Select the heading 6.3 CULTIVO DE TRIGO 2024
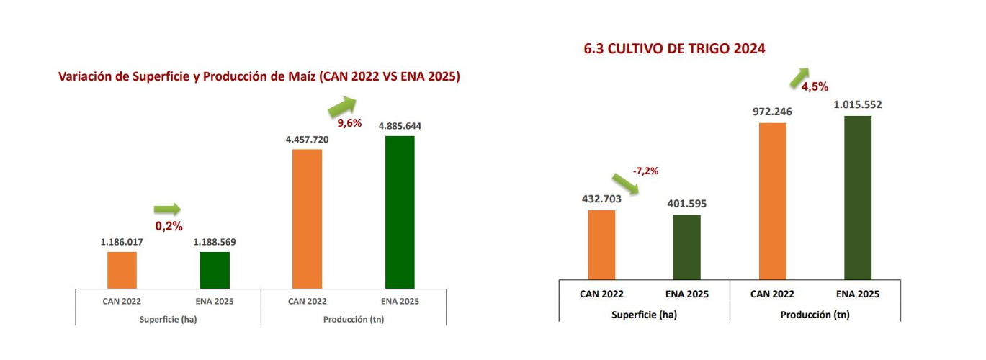click(674, 49)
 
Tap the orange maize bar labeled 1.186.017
click(122, 270)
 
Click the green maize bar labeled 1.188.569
click(215, 270)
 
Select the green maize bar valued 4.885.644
click(400, 212)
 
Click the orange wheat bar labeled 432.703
click(601, 245)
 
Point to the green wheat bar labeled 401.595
click(686, 247)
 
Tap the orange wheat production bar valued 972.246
click(772, 201)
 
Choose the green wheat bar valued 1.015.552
click(857, 197)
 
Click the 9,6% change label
click(349, 123)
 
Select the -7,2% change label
click(645, 171)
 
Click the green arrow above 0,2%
click(167, 210)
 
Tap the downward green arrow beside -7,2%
click(625, 184)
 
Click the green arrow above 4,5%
click(799, 76)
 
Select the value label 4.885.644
click(400, 126)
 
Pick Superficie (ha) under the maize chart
click(168, 320)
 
